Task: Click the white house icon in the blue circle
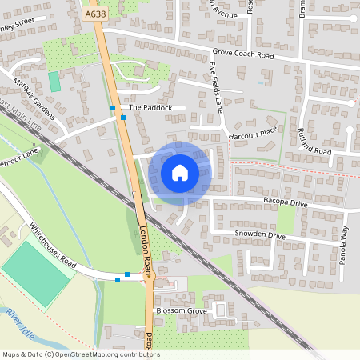click(x=180, y=172)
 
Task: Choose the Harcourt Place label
click(x=252, y=133)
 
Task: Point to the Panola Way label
click(x=345, y=245)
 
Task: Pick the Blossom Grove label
click(x=182, y=310)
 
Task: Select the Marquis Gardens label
click(x=34, y=99)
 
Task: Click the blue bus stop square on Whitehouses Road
click(x=118, y=280)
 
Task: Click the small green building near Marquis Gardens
click(x=54, y=82)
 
